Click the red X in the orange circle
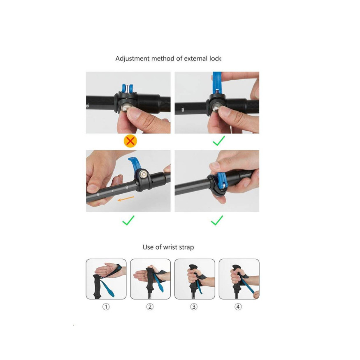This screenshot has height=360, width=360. pos(130,141)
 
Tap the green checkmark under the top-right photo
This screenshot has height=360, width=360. pos(218,141)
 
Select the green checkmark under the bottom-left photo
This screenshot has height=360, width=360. pos(128,220)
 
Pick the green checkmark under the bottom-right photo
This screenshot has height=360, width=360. pos(217,220)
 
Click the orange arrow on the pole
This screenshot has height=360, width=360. pos(126,199)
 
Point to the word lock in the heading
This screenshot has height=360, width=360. pos(215,58)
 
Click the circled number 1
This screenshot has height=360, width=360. pos(106,307)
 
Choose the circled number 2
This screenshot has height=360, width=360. pos(150,307)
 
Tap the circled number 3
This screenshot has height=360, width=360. pos(194,307)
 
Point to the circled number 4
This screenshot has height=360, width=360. pos(238,307)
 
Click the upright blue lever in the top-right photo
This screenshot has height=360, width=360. pos(217,82)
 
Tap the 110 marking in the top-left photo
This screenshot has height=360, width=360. pos(87,105)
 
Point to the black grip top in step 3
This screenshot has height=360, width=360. pos(193,267)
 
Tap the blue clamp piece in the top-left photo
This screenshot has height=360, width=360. pos(128,88)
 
